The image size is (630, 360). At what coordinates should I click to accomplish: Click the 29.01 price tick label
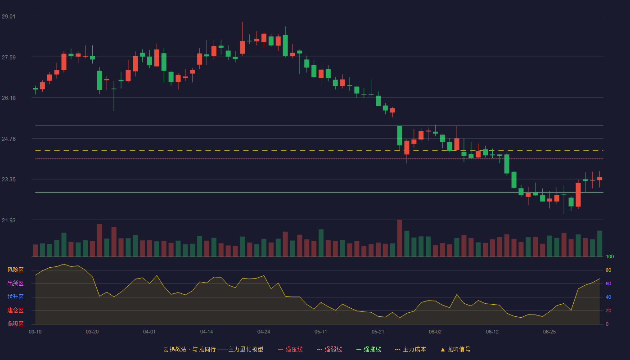pos(9,16)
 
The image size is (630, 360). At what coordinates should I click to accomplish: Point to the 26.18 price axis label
pos(9,98)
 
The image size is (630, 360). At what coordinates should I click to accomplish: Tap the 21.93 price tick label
pos(9,220)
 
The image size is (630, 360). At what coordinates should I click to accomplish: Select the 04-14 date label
pos(207,332)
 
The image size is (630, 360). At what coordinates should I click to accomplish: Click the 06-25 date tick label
pos(549,332)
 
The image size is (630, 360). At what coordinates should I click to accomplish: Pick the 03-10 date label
pos(35,332)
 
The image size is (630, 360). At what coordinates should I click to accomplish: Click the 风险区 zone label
pos(15,270)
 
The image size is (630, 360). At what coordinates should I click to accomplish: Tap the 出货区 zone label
pos(15,283)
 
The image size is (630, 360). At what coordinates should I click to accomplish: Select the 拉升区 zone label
pos(15,297)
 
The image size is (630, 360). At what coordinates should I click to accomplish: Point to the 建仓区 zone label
pos(15,310)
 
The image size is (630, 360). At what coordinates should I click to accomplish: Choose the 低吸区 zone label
pos(15,324)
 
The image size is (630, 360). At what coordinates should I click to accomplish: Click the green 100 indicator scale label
pos(610,256)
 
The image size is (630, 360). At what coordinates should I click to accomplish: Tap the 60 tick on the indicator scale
pos(608,283)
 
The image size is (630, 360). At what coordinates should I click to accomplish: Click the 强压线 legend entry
pos(290,349)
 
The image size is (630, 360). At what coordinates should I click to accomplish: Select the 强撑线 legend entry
pos(369,349)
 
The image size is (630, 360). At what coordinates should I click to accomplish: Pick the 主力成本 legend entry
pos(410,349)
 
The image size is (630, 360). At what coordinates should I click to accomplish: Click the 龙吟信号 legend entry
pos(455,349)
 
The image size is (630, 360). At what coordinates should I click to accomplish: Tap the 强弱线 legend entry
pos(329,349)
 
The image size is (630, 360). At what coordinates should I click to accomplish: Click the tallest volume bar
pos(400,238)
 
